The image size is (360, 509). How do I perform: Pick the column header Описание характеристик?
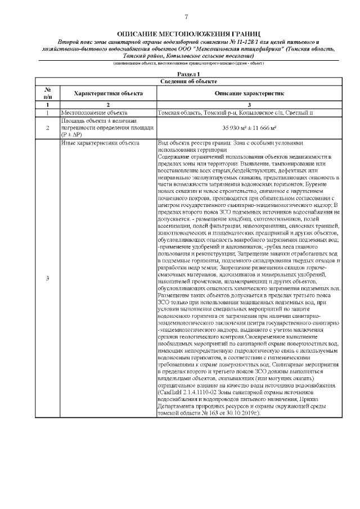250,93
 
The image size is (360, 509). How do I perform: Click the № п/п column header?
48,93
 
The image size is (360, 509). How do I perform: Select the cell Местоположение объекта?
90,112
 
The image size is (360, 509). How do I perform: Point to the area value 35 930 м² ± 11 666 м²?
249,128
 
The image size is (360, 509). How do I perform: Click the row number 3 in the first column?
48,279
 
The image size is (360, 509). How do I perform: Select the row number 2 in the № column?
48,128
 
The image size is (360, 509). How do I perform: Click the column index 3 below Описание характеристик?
249,105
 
